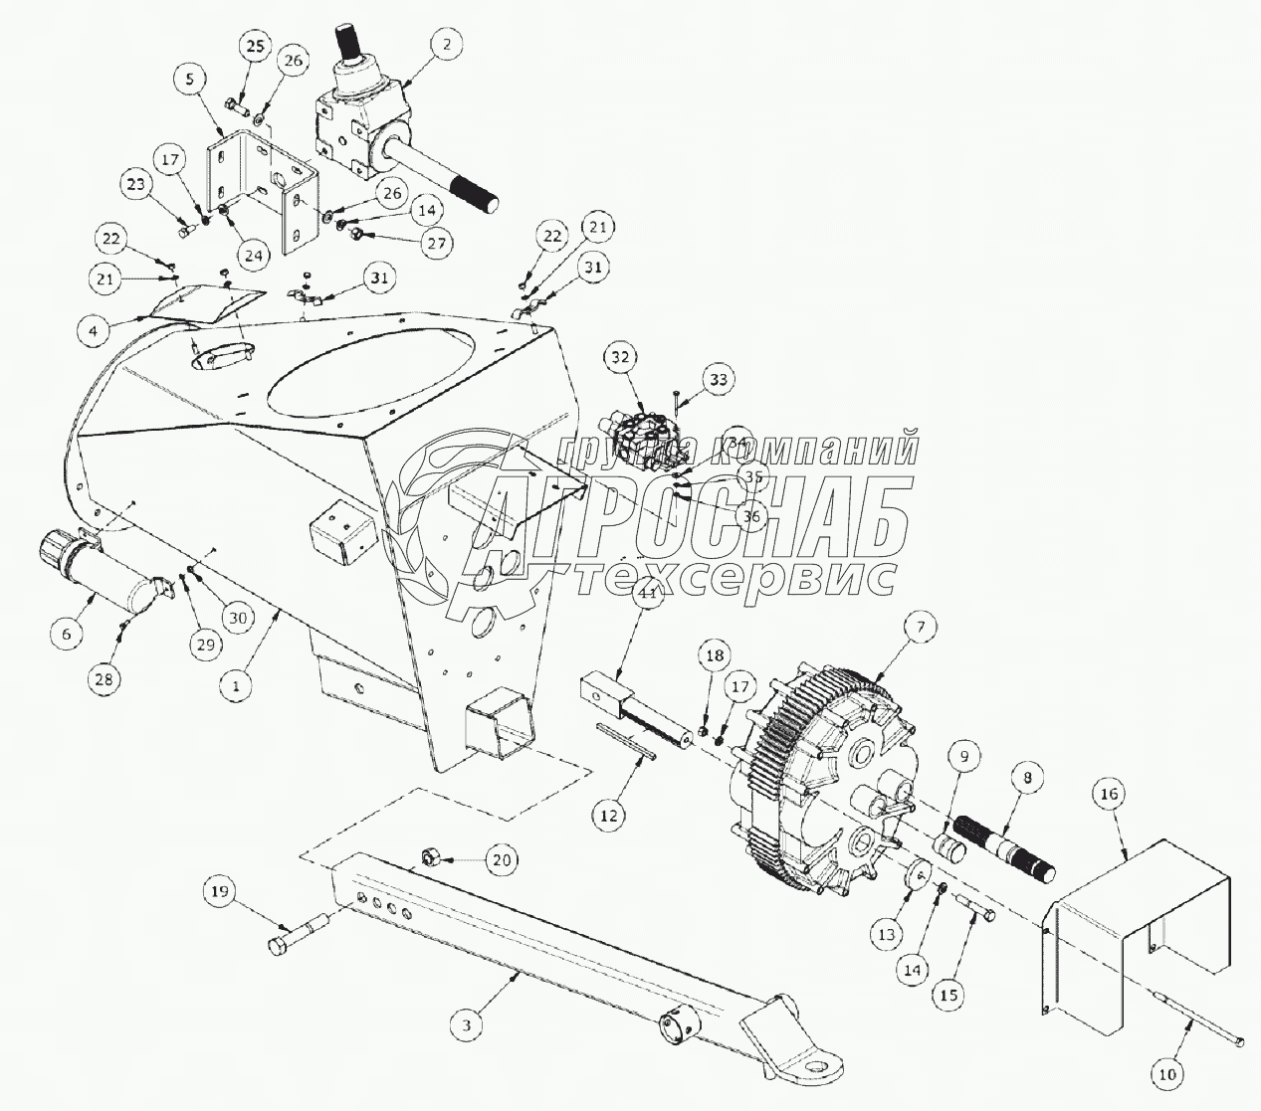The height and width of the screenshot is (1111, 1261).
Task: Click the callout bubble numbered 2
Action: pyautogui.click(x=449, y=46)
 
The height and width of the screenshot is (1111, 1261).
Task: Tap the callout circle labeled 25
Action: pyautogui.click(x=256, y=46)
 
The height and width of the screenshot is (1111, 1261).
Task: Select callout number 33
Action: pyautogui.click(x=718, y=379)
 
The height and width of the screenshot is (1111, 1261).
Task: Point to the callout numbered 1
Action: pyautogui.click(x=237, y=685)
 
